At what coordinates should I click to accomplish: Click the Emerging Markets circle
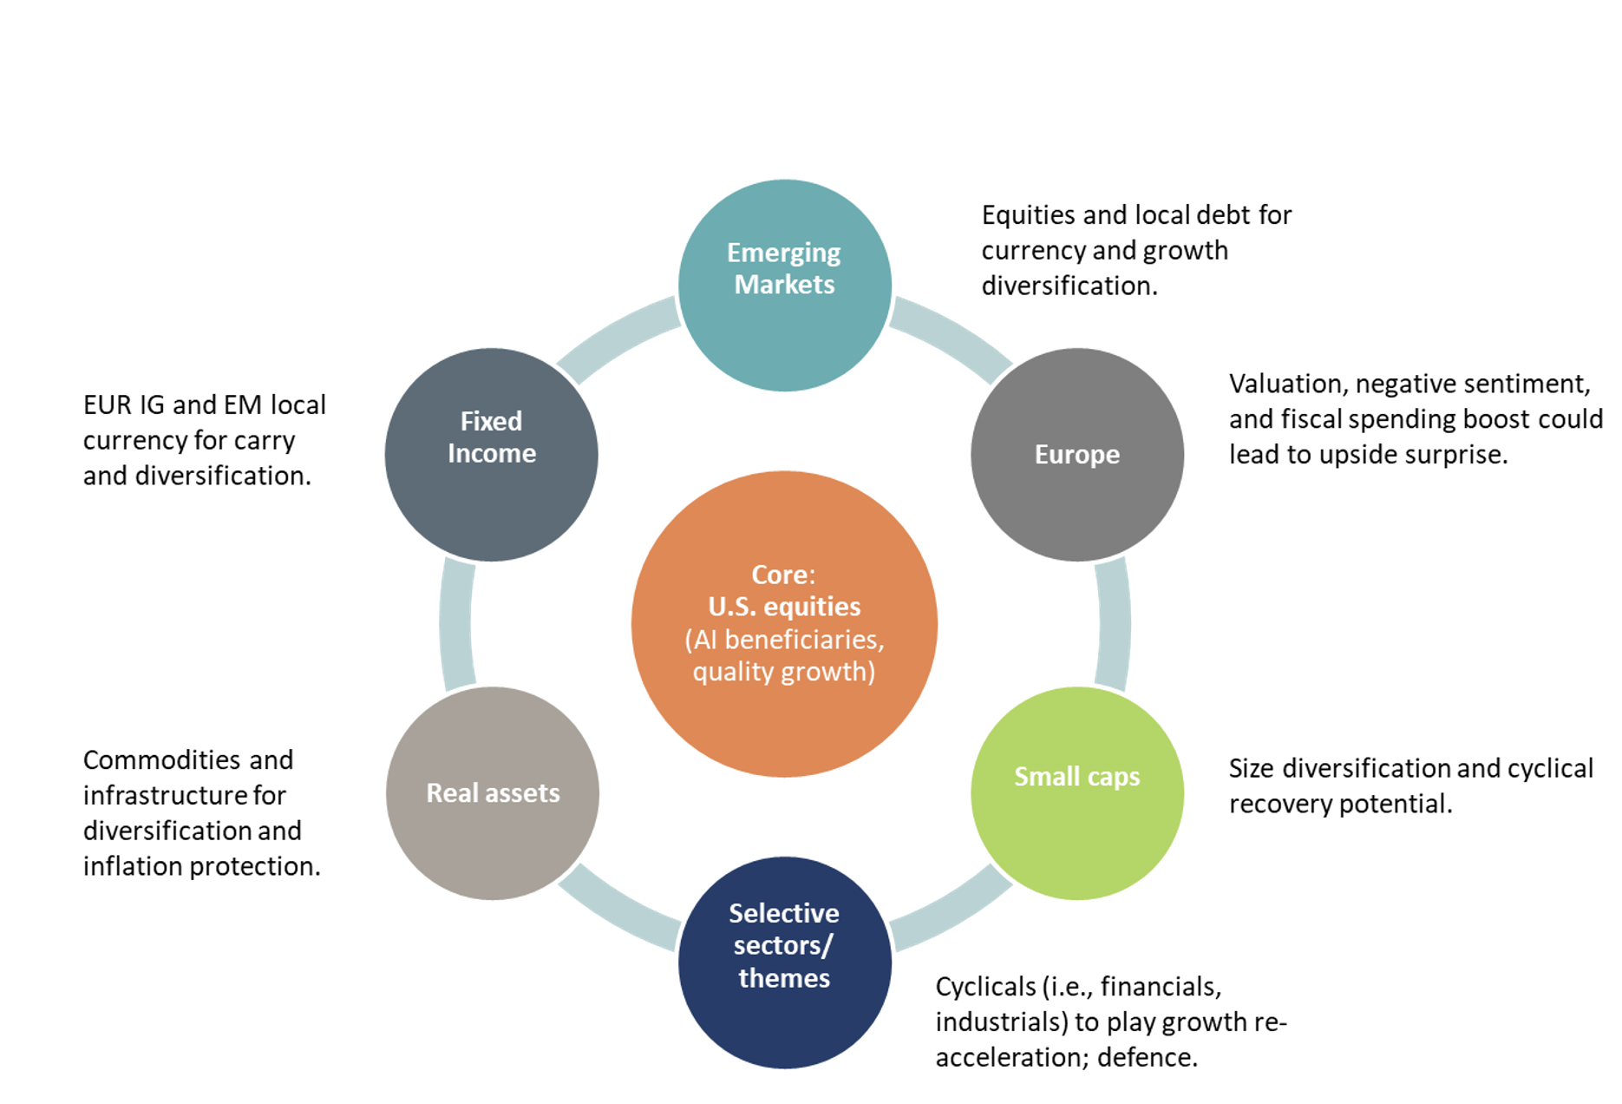tap(784, 286)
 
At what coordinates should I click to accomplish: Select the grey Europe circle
tap(1076, 455)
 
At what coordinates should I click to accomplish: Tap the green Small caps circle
tap(1076, 792)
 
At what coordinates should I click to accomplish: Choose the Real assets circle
tap(492, 792)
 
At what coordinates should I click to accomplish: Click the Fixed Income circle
tap(491, 455)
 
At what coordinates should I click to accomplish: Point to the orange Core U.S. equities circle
tap(784, 623)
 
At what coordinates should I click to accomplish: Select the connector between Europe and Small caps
tap(1114, 623)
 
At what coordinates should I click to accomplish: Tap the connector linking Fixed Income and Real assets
tap(456, 623)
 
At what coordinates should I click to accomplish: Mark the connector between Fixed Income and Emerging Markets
tap(618, 338)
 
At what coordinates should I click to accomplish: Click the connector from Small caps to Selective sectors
tap(952, 910)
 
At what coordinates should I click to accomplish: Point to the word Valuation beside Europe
tap(1285, 384)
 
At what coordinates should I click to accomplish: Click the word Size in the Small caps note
tap(1252, 768)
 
